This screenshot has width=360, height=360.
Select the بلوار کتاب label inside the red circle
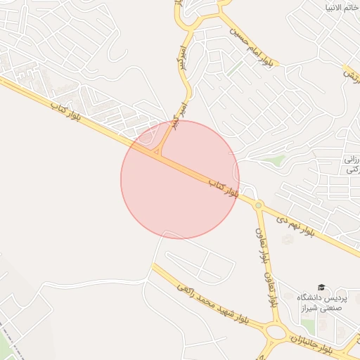(224, 187)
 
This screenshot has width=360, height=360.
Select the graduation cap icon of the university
(321, 288)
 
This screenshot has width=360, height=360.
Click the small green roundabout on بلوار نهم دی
(259, 205)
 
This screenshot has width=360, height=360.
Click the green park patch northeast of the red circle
(279, 161)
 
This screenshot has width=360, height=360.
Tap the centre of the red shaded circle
(180, 179)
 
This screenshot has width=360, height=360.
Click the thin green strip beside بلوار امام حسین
(235, 67)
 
